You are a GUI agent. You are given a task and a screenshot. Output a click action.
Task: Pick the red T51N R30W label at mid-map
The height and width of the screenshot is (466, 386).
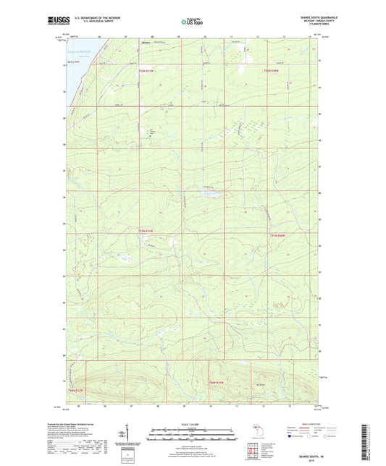tap(278, 234)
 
